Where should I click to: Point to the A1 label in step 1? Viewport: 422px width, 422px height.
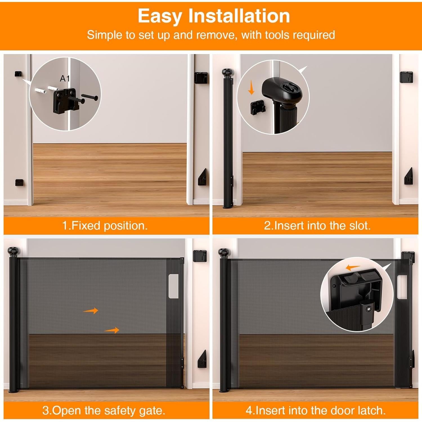[x=65, y=78]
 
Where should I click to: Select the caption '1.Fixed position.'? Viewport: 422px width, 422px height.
[x=105, y=226]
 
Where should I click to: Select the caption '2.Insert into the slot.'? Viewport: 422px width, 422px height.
[x=317, y=226]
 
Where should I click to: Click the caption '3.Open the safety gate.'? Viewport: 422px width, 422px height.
[x=104, y=410]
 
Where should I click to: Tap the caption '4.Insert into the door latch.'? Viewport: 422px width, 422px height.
[x=316, y=410]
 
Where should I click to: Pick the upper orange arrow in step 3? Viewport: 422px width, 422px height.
[x=91, y=311]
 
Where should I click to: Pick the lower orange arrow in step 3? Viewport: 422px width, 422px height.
[x=112, y=330]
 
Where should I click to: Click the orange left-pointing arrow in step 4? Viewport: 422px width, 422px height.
[x=353, y=268]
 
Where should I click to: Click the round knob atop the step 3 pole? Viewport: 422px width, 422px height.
[x=14, y=251]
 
